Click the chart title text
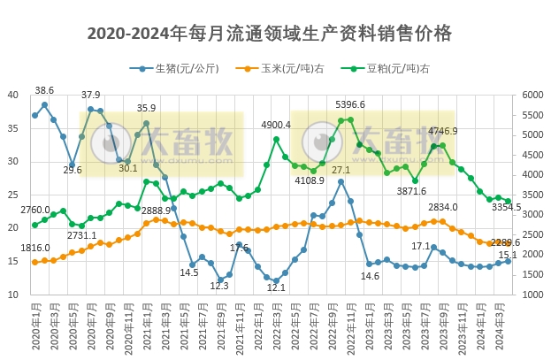[x=270, y=34]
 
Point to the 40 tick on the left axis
[x=12, y=96]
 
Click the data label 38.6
[x=44, y=90]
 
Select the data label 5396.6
[x=350, y=105]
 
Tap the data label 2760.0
[x=35, y=210]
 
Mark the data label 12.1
[x=276, y=287]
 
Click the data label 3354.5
[x=507, y=207]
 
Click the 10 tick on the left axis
[x=12, y=294]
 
